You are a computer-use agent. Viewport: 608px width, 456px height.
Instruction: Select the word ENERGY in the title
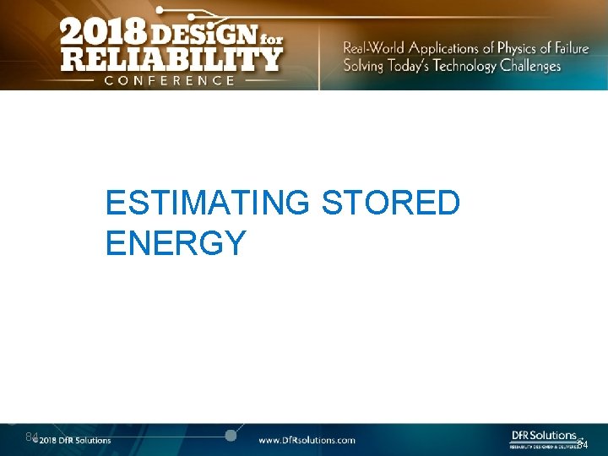[x=176, y=243]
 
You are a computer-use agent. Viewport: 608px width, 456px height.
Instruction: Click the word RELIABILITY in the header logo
[x=171, y=59]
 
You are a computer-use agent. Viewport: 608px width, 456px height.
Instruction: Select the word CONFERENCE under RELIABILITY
[x=169, y=80]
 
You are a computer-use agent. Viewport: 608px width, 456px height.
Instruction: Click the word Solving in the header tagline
[x=363, y=66]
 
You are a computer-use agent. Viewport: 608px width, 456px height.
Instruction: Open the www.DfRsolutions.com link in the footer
[x=307, y=440]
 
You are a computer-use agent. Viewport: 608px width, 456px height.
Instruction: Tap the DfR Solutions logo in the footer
[x=545, y=437]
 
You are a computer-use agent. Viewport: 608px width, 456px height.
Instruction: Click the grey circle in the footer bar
[x=230, y=435]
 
